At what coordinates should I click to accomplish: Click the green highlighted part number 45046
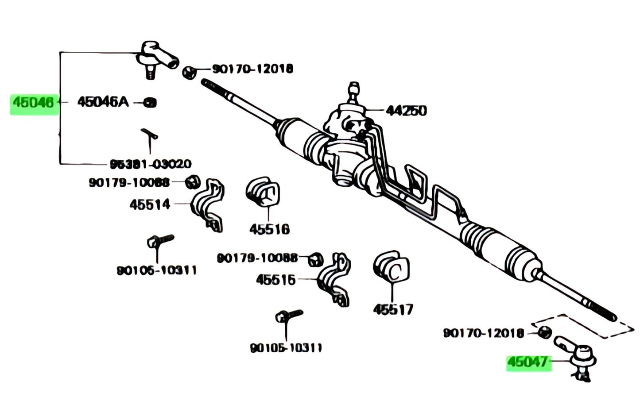34,103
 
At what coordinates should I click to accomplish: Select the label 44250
406,110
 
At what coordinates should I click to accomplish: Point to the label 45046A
103,102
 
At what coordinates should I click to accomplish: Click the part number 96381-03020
151,164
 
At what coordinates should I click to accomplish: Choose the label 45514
150,204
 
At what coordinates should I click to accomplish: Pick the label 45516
269,229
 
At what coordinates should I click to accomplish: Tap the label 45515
275,280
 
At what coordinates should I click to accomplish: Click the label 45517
393,309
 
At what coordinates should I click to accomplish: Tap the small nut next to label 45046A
151,103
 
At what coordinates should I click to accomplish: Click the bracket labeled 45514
208,204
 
